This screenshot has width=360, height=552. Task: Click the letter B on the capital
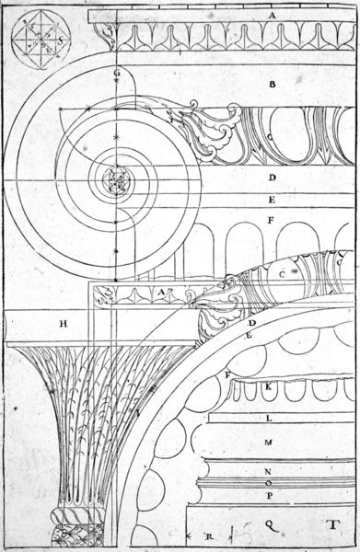(273, 84)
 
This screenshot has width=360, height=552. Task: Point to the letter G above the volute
(117, 73)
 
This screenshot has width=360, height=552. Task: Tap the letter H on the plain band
(64, 323)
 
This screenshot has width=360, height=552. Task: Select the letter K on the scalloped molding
(268, 387)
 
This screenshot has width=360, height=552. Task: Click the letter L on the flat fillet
(269, 419)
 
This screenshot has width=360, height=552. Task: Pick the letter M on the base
(269, 443)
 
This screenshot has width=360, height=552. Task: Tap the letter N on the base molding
(268, 470)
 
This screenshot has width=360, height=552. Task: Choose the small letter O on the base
(268, 483)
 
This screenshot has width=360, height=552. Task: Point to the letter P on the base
(269, 497)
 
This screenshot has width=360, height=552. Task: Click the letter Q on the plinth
(269, 522)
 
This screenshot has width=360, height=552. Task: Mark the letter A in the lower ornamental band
(160, 293)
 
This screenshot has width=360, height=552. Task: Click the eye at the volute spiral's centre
(118, 176)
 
